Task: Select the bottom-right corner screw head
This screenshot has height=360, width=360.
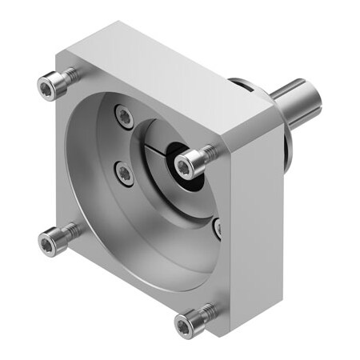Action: coord(185,323)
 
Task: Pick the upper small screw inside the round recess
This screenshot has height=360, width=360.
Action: coord(124,117)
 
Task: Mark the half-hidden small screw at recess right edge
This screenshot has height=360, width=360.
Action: coord(218,229)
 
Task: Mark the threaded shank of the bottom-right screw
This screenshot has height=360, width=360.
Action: coord(206,313)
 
